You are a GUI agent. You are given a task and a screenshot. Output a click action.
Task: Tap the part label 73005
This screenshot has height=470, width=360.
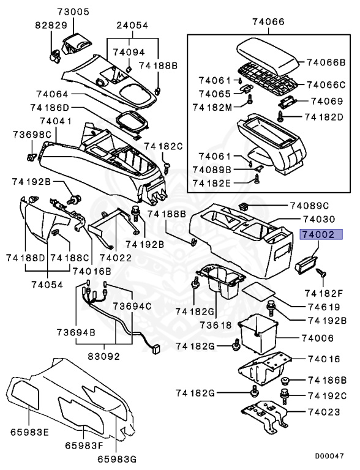(x=73, y=12)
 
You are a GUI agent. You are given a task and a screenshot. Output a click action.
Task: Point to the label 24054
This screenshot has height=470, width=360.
(x=134, y=25)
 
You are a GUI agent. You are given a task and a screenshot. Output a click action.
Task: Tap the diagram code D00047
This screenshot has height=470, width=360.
(x=330, y=456)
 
